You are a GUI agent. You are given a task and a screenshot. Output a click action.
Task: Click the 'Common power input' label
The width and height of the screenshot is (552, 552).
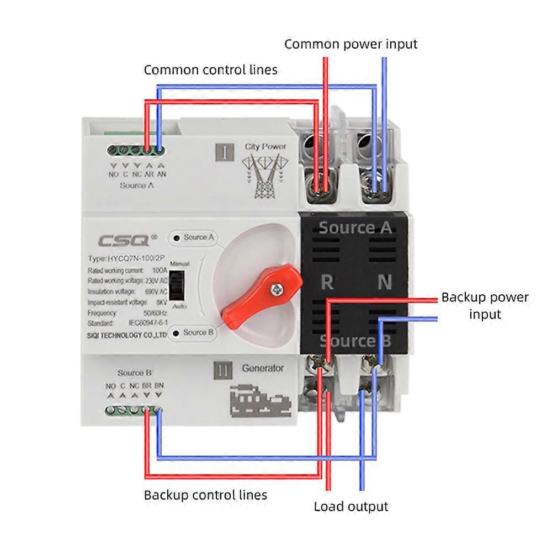pos(351,44)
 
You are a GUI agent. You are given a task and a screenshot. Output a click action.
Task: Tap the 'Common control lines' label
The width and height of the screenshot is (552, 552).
pos(210,70)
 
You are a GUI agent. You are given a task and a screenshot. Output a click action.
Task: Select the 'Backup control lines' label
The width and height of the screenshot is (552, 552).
pos(205,495)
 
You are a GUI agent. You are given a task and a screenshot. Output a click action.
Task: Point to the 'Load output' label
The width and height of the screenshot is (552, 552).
pos(351,506)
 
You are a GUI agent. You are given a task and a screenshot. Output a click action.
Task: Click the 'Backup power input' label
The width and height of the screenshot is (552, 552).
pos(485,305)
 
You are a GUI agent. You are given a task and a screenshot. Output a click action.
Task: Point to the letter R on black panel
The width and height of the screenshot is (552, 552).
pos(327,283)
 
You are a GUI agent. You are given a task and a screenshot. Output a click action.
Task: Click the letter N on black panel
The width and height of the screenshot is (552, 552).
pos(385,283)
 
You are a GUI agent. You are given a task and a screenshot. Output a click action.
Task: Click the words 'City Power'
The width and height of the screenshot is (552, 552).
pos(266,147)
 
